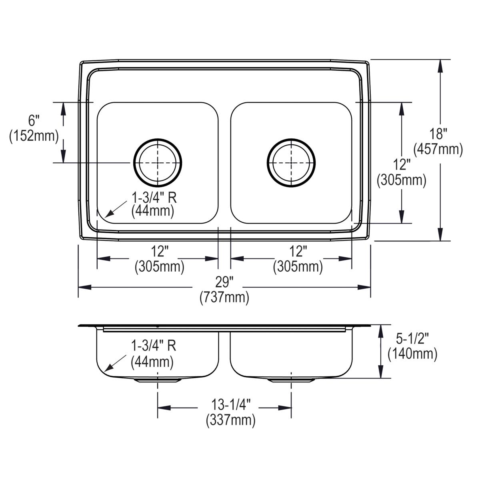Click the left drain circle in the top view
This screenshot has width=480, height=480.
coord(158,163)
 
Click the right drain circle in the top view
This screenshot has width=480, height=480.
coord(291,163)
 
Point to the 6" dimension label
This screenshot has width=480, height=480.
coord(34,120)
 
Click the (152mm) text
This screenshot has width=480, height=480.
coord(34,136)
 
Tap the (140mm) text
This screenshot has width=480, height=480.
coord(412,354)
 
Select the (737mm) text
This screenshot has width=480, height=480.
coord(224,298)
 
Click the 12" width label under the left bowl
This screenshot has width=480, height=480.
coord(160,252)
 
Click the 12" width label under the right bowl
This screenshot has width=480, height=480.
coord(298,252)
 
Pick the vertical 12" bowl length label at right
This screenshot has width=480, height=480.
coord(402,164)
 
